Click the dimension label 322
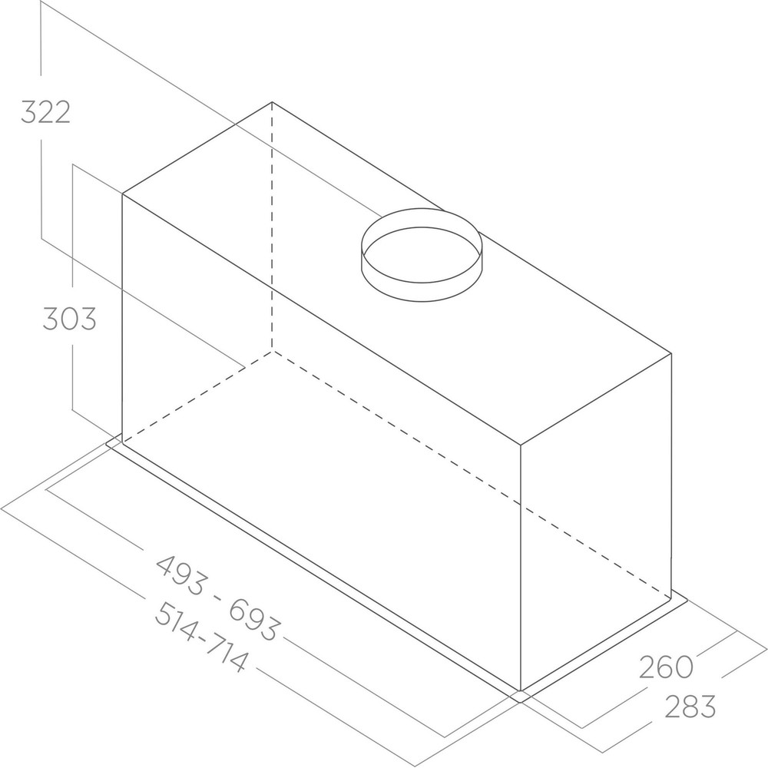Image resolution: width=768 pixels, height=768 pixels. pyautogui.click(x=45, y=112)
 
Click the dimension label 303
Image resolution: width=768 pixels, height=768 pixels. pyautogui.click(x=69, y=318)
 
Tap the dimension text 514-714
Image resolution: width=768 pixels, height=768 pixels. pyautogui.click(x=201, y=637)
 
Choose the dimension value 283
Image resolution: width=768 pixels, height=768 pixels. pyautogui.click(x=690, y=706)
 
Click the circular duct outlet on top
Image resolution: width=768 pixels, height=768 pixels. pyautogui.click(x=422, y=253)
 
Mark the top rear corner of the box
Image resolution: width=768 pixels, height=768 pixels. pyautogui.click(x=272, y=102)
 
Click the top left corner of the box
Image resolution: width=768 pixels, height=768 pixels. pyautogui.click(x=123, y=193)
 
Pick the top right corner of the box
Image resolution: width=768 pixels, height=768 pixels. pyautogui.click(x=672, y=353)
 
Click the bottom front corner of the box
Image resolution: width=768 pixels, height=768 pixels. pyautogui.click(x=521, y=689)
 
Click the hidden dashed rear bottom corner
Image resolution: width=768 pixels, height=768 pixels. pyautogui.click(x=272, y=350)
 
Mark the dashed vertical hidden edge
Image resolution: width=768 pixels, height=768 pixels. pyautogui.click(x=272, y=230)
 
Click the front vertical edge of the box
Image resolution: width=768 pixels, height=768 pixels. pyautogui.click(x=521, y=568)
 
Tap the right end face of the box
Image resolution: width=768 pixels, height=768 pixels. pyautogui.click(x=597, y=522)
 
